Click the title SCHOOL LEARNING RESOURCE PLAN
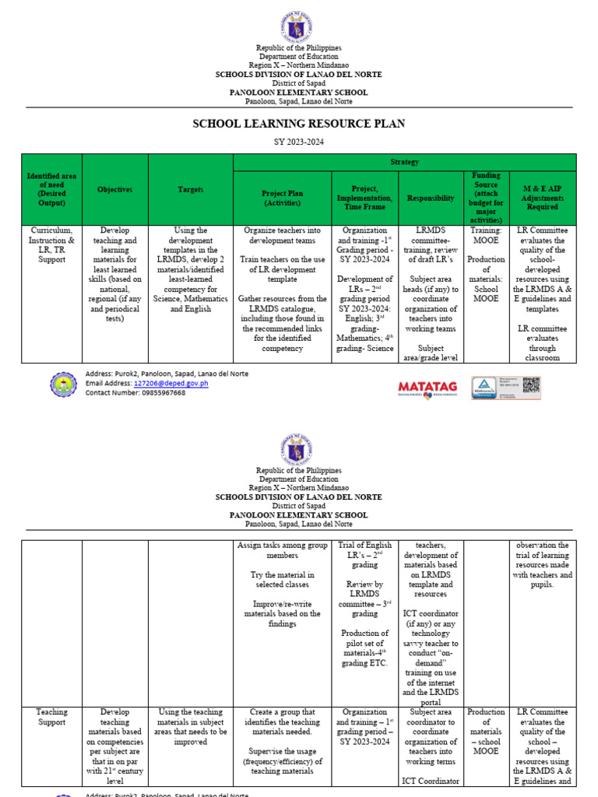299,124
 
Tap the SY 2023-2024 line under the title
299,142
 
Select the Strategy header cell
404,162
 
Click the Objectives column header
114,190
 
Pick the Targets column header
190,190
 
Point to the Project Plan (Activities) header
283,198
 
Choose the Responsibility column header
430,198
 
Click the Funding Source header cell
486,198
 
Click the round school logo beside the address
63,384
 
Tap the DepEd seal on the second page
299,450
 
